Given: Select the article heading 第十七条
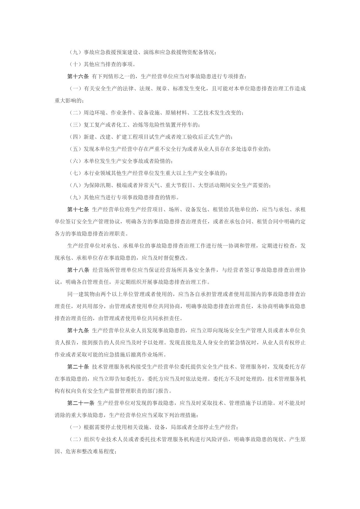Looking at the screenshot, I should (x=78, y=209).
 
